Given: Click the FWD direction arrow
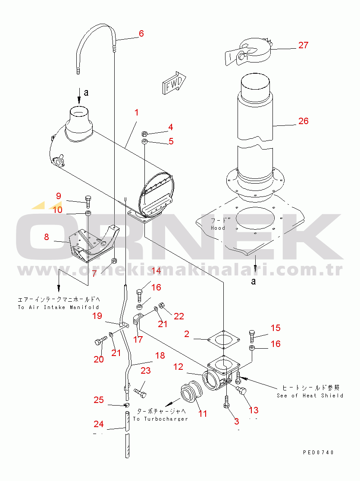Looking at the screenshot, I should (174, 82).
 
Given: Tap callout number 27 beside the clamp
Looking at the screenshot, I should (304, 45).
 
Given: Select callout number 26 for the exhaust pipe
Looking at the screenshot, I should (304, 121).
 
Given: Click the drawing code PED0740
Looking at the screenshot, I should (318, 453).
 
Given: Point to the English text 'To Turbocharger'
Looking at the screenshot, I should (160, 419).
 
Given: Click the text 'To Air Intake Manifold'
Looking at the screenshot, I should (58, 307).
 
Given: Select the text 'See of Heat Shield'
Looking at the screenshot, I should (310, 395).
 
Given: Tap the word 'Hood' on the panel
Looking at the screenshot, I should (218, 228).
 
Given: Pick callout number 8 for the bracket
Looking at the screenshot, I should (47, 236).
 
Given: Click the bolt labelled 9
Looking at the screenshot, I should (88, 200).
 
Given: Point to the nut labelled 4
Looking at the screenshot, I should (145, 132).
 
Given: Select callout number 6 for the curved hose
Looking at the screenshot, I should (141, 34).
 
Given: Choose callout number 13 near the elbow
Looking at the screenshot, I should (254, 410).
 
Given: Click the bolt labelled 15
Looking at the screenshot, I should (252, 334).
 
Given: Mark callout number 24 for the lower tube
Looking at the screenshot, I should (99, 424).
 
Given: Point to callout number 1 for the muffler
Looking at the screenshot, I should (136, 113).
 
